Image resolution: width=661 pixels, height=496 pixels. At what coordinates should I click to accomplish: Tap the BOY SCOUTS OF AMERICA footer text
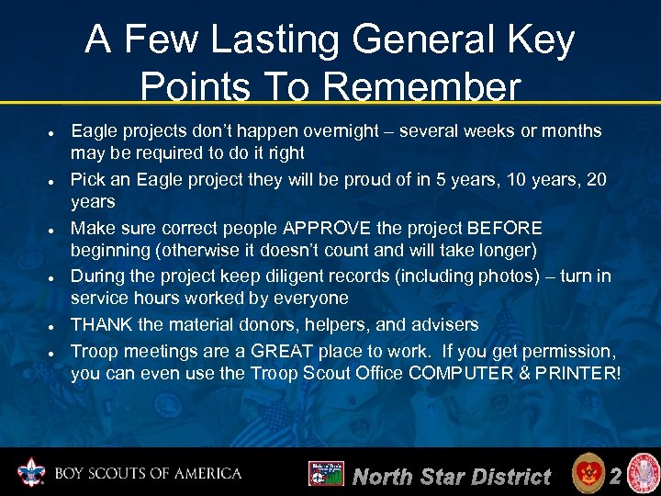pos(148,474)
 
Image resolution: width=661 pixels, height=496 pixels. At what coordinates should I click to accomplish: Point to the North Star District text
pos(452,476)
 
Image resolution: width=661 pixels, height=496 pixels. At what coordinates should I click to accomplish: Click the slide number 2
pos(616,475)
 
